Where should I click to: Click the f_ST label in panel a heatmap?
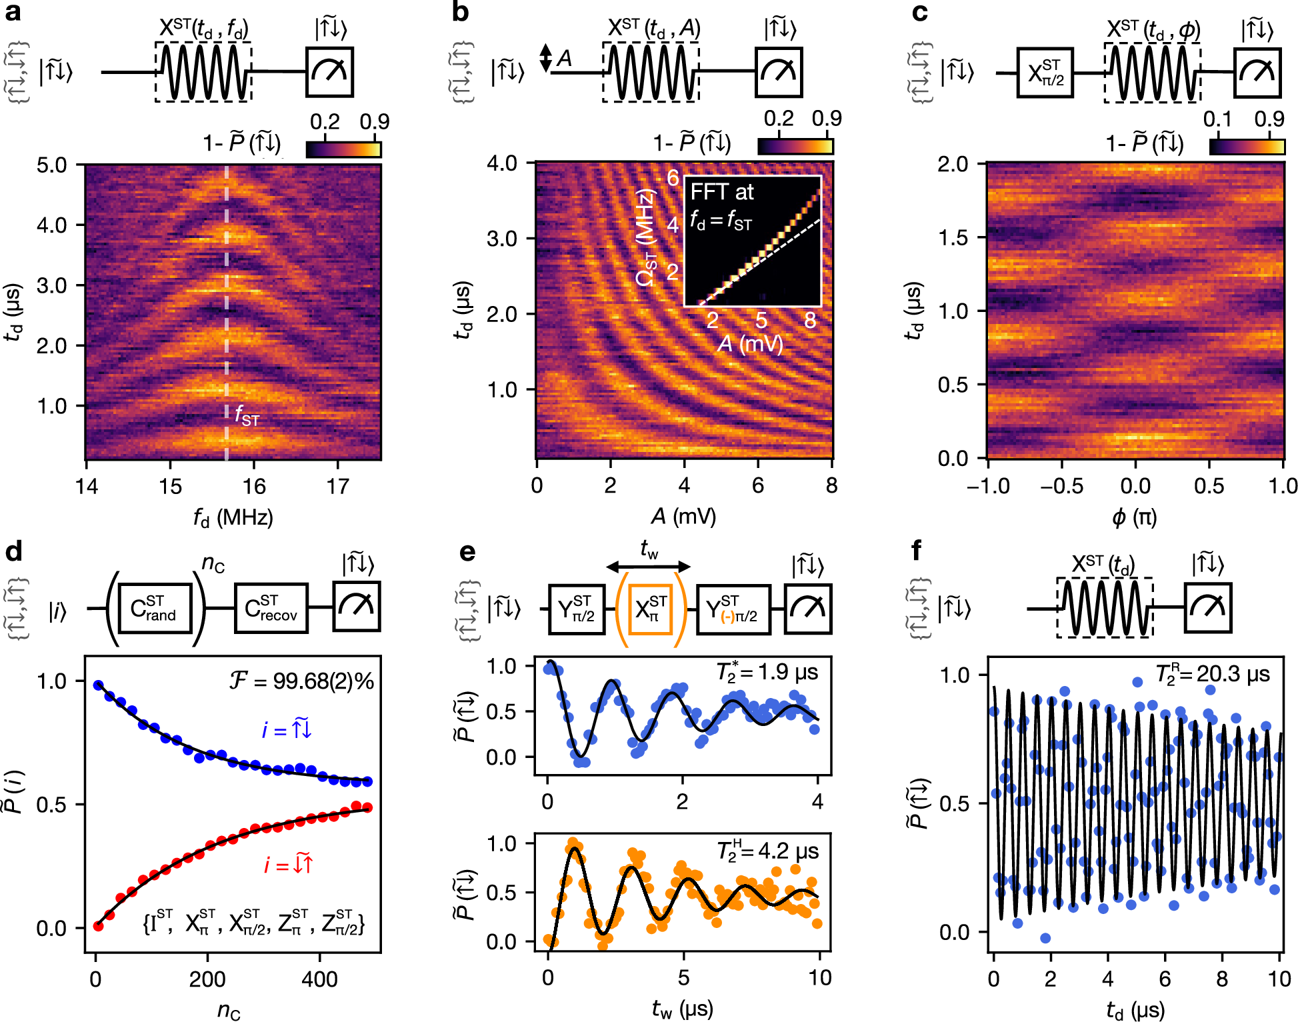[x=247, y=415]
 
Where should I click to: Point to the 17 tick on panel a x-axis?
[x=337, y=487]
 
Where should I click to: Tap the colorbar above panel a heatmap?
[x=343, y=149]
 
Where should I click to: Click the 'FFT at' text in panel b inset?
[x=721, y=193]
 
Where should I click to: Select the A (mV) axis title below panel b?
[x=683, y=516]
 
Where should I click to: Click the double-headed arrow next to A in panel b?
[x=545, y=58]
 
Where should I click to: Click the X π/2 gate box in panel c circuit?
[x=1045, y=73]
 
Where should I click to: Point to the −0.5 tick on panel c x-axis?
[x=1061, y=486]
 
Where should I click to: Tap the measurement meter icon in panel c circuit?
[x=1257, y=73]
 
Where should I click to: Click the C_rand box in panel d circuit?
[x=155, y=608]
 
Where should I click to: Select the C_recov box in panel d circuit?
[x=271, y=608]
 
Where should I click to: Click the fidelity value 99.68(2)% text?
[x=302, y=681]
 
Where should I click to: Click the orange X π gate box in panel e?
[x=651, y=608]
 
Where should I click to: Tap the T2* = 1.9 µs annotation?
[x=767, y=672]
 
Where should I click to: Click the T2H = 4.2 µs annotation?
[x=767, y=851]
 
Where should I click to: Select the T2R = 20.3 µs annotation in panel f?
[x=1212, y=675]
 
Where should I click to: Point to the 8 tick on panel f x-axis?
[x=1222, y=979]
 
